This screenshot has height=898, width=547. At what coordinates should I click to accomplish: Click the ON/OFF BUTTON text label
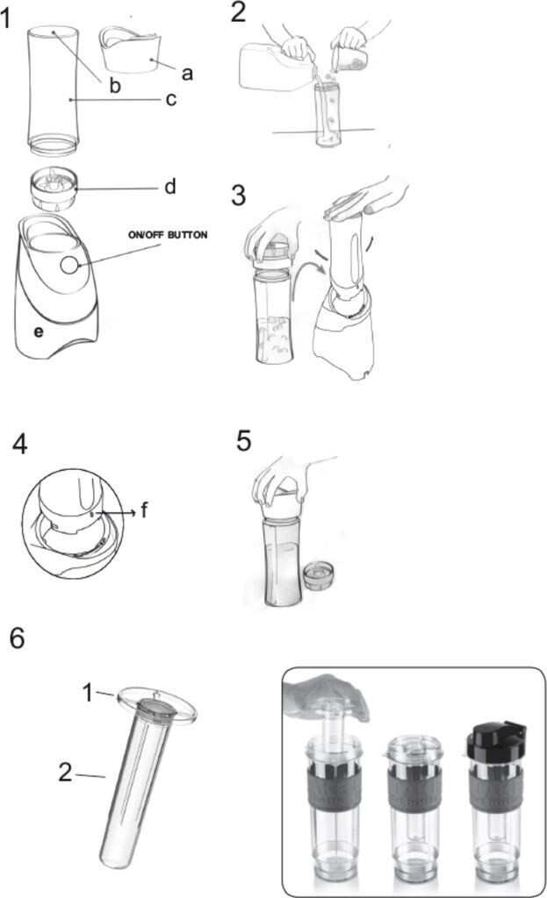click(x=168, y=235)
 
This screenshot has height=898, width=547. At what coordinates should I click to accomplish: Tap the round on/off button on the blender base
click(x=68, y=265)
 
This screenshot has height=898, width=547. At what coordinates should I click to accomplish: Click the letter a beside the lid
click(x=187, y=74)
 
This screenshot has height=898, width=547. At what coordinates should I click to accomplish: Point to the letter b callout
click(x=115, y=85)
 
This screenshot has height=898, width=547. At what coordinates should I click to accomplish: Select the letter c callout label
click(x=170, y=99)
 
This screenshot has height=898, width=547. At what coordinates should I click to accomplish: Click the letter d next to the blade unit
click(x=169, y=186)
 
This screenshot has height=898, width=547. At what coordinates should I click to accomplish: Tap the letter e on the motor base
click(x=39, y=331)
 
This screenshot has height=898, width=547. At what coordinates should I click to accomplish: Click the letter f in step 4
click(x=144, y=509)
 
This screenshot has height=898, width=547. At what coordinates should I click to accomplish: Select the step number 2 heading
click(x=238, y=12)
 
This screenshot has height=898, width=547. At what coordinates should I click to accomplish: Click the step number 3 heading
click(x=239, y=196)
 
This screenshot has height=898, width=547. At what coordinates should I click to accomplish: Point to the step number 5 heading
click(x=244, y=441)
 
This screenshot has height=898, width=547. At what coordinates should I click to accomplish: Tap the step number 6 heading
click(x=18, y=638)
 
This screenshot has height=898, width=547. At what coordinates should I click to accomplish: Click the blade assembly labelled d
click(x=53, y=189)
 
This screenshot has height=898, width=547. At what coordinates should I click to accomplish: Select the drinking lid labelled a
click(x=130, y=50)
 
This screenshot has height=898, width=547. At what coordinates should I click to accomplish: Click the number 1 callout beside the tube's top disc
click(x=87, y=693)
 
